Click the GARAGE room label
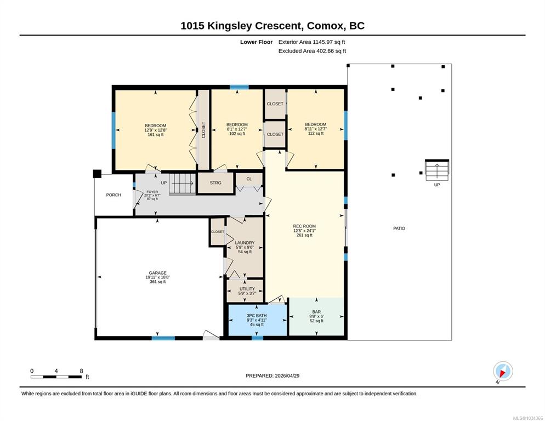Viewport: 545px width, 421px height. (157, 273)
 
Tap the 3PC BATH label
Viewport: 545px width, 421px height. (257, 315)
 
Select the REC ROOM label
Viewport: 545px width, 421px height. (304, 226)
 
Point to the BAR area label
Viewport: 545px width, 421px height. (316, 312)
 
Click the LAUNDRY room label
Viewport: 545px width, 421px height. (245, 243)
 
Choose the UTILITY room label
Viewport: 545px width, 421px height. (247, 289)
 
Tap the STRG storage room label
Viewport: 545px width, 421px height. (215, 183)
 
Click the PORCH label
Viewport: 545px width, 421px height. (113, 195)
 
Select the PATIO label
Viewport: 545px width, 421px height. (399, 229)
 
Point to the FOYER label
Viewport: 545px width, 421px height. (152, 192)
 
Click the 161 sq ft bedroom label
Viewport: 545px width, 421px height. (155, 134)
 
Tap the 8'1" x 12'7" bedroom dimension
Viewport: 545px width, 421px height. (237, 129)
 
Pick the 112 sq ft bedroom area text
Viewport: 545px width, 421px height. (316, 133)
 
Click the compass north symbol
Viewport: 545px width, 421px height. (503, 371)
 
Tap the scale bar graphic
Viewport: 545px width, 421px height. (56, 377)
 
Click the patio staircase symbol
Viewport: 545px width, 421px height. (437, 170)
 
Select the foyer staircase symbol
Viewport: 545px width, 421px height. (182, 184)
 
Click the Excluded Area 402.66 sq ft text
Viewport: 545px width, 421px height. (312, 51)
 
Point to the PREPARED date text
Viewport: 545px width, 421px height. (272, 376)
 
